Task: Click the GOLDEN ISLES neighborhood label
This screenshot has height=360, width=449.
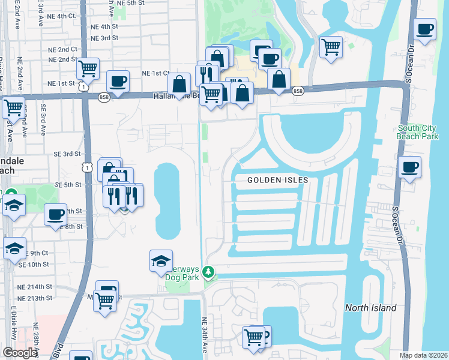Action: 278,180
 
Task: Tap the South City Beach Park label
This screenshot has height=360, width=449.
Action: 418,132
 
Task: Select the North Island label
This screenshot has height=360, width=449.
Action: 370,308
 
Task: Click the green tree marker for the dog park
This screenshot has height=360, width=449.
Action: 208,272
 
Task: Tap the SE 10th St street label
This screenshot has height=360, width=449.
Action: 33,264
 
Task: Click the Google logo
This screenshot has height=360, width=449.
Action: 20,353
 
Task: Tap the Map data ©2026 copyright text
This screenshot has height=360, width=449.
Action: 423,355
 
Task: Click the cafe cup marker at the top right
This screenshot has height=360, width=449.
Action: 425,29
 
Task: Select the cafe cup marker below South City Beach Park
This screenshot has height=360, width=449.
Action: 410,167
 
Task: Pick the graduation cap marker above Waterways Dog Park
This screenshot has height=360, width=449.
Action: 161,261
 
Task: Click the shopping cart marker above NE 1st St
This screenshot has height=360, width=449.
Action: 88,69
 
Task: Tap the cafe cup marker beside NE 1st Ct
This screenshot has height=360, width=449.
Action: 118,81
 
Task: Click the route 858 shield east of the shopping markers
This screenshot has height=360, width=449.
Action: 298,91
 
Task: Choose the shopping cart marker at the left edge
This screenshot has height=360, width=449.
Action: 13,108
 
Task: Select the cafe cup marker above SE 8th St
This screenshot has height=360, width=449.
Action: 56,214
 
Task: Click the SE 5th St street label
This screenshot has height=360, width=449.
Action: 67,185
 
